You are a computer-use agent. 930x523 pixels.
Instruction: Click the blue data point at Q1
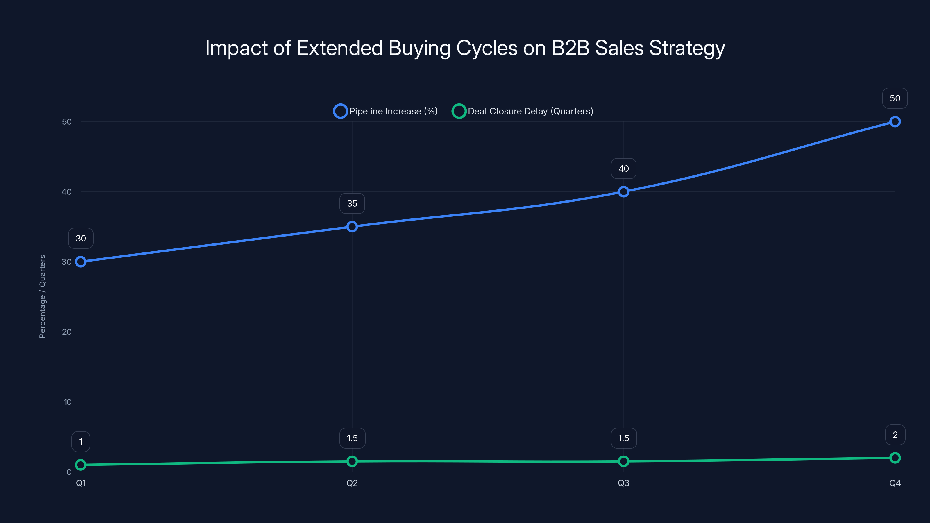[x=81, y=262]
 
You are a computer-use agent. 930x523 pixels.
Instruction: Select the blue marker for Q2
[x=352, y=227]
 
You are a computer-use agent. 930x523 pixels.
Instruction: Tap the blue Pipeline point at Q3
[x=623, y=192]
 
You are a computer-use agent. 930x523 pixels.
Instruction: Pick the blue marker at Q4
[x=895, y=122]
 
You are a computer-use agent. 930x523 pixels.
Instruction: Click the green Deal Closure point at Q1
[x=81, y=465]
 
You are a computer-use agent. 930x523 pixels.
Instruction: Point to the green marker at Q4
[x=895, y=458]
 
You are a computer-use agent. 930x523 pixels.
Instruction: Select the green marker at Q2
[x=352, y=461]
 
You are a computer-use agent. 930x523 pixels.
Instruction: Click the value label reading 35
[x=352, y=204]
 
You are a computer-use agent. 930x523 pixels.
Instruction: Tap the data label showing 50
[x=895, y=98]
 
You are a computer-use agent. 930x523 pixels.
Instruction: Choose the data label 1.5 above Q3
[x=623, y=438]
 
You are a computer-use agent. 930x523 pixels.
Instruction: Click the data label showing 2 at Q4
[x=895, y=435]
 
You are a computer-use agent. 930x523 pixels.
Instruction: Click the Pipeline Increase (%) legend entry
[x=386, y=111]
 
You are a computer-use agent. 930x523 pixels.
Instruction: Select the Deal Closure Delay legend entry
[x=523, y=111]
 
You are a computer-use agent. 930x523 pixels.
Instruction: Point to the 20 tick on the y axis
[x=67, y=332]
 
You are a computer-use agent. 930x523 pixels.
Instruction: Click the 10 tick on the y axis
[x=67, y=402]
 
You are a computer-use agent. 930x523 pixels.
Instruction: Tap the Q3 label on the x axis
[x=623, y=483]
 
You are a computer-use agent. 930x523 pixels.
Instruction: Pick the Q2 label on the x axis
[x=352, y=483]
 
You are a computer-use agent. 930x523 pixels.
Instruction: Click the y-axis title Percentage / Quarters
[x=42, y=297]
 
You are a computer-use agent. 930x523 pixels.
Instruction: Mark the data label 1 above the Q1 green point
[x=81, y=442]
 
